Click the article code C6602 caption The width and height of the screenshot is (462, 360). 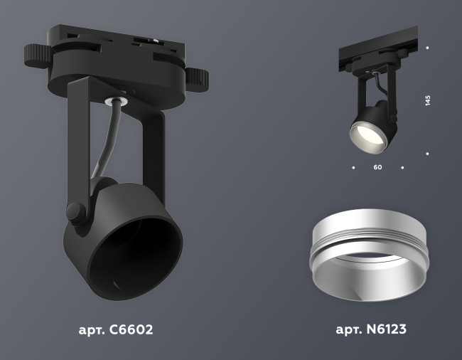tap(115, 330)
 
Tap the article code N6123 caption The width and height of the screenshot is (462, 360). tap(370, 330)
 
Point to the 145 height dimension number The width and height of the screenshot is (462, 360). tap(428, 100)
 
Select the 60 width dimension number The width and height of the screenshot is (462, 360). tap(377, 168)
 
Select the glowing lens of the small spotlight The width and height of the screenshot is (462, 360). tap(365, 136)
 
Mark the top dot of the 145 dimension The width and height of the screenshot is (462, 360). tap(427, 48)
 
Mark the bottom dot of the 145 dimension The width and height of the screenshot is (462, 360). tap(427, 153)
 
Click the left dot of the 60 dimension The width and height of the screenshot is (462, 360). tap(353, 168)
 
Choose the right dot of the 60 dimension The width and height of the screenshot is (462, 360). tap(402, 168)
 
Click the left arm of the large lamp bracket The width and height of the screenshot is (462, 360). tap(77, 142)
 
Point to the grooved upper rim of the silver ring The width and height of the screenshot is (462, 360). tap(364, 232)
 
